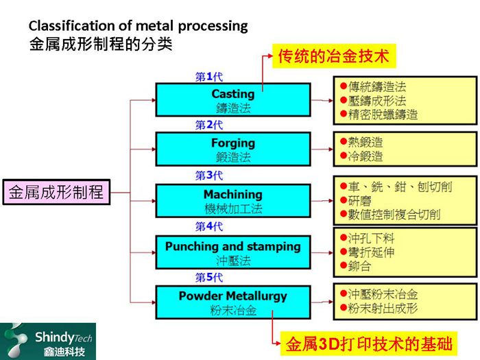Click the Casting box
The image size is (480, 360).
click(232, 100)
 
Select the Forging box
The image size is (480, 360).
click(232, 149)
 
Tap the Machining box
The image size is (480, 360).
click(232, 201)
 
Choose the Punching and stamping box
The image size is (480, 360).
click(232, 253)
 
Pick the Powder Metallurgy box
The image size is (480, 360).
click(232, 303)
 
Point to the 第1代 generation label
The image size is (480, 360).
click(208, 77)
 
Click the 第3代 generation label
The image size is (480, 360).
click(208, 176)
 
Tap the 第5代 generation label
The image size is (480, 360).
click(208, 278)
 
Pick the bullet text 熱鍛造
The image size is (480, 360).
click(366, 143)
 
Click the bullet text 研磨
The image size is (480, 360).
click(360, 200)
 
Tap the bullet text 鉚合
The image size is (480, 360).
click(360, 265)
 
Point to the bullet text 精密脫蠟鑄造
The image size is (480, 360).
click(383, 115)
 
